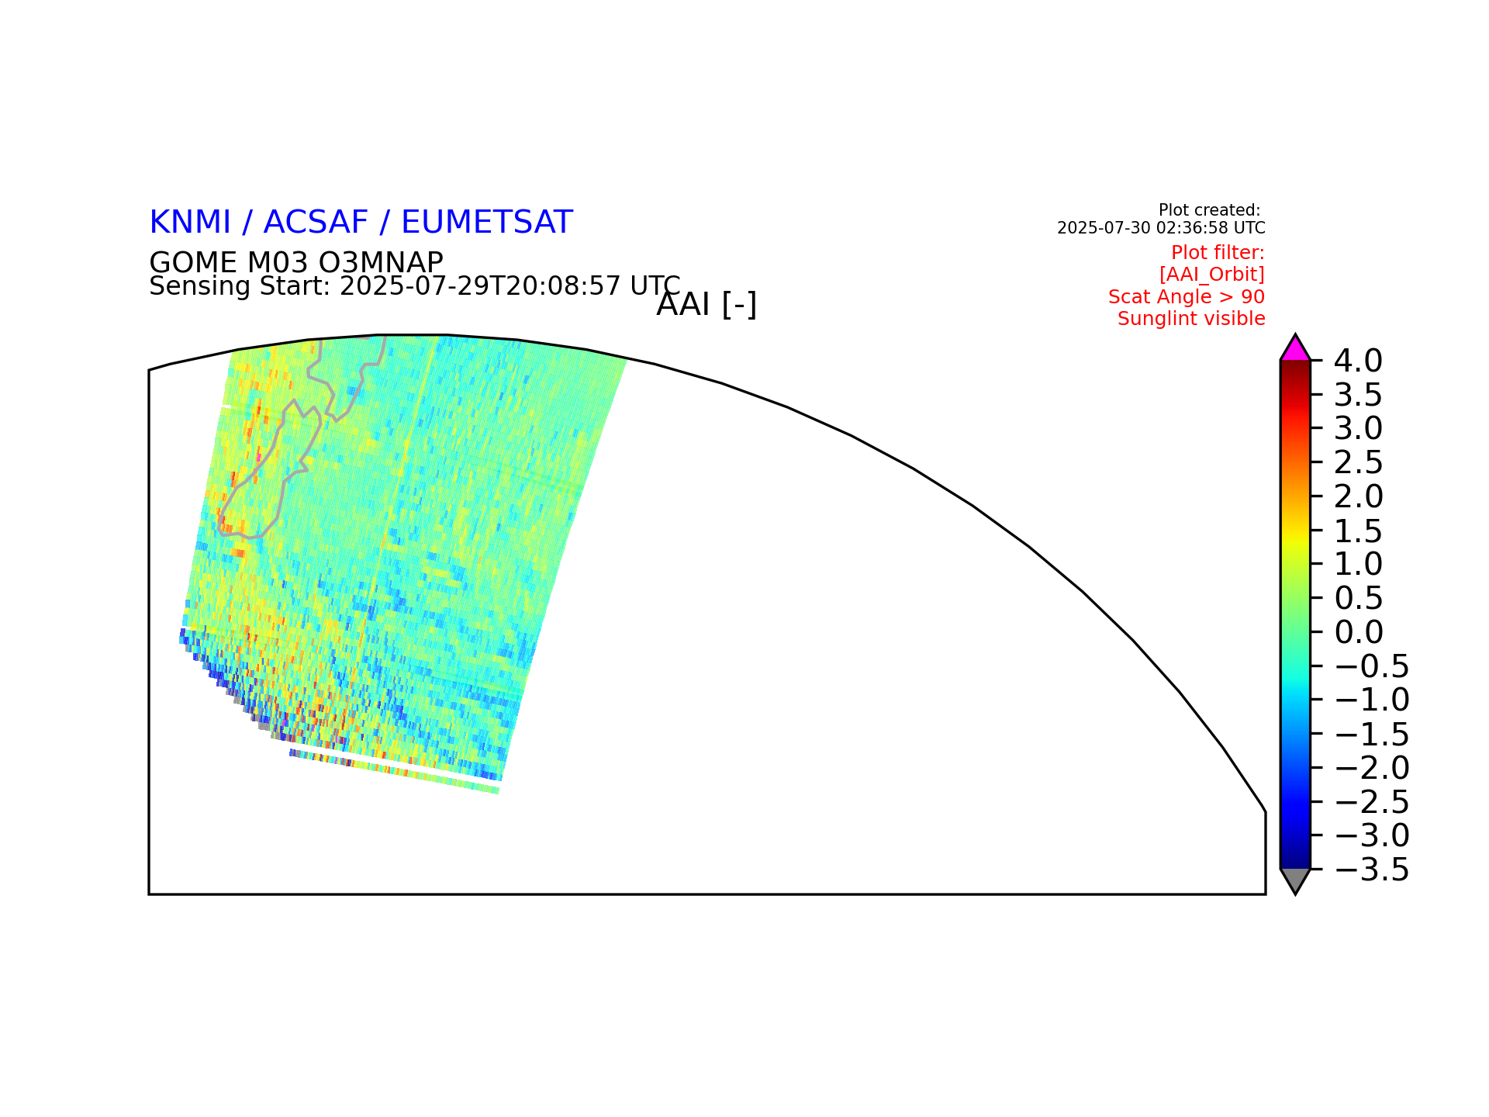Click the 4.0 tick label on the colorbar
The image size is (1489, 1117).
(1358, 361)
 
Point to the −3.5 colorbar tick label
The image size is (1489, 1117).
(1372, 870)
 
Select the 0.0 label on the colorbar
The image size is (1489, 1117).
(1358, 632)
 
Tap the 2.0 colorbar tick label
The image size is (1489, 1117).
(1358, 496)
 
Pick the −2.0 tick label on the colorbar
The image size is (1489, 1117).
(1372, 768)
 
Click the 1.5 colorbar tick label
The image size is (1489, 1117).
(1358, 531)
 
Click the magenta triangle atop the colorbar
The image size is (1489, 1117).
(1295, 350)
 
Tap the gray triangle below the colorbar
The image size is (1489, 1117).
(1295, 880)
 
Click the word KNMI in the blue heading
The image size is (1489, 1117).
(190, 223)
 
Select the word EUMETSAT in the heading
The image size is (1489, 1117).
(487, 223)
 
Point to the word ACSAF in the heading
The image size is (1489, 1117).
(316, 223)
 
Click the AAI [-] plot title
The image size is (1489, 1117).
(706, 305)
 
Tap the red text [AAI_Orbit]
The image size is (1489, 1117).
(1212, 275)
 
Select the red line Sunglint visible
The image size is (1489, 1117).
(1191, 319)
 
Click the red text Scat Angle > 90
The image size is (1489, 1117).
(1187, 297)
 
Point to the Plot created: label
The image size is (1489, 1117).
(1209, 210)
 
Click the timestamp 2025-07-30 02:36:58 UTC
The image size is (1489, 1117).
(1161, 228)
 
